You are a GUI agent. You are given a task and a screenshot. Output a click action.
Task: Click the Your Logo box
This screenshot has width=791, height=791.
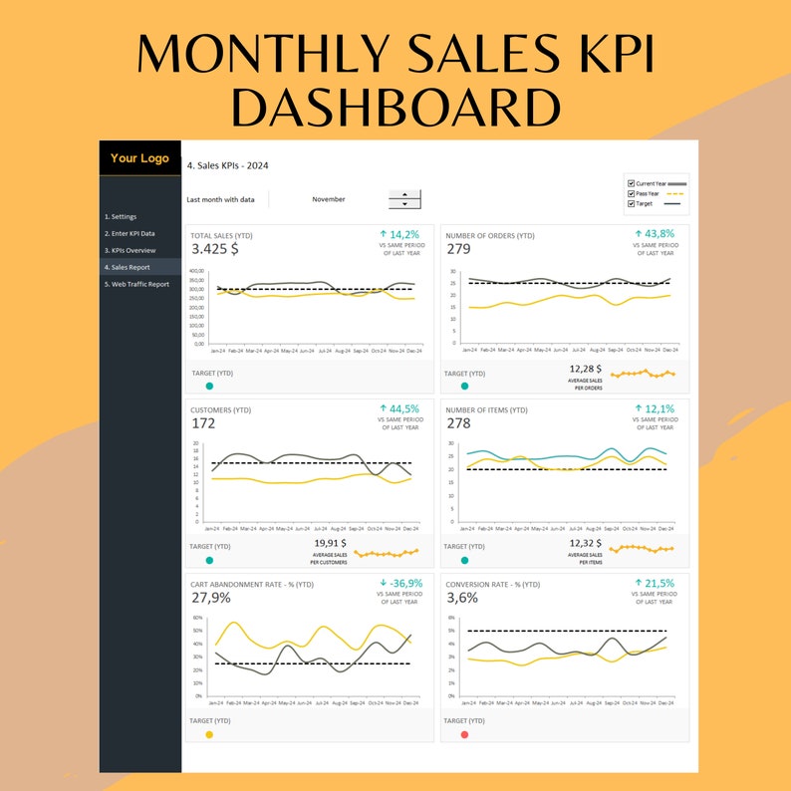[139, 158]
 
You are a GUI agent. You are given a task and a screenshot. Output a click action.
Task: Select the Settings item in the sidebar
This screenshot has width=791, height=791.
[121, 216]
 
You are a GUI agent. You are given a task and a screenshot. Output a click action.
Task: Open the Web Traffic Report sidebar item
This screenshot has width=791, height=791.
[137, 284]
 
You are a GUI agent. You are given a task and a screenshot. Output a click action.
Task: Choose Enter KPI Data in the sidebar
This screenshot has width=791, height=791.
[131, 233]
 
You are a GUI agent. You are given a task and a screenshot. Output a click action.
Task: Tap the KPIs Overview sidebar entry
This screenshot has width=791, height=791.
[131, 250]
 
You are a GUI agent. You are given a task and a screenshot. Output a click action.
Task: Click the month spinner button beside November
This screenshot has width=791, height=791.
[404, 199]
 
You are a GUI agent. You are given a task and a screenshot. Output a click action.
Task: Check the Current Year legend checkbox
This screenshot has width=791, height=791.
[631, 184]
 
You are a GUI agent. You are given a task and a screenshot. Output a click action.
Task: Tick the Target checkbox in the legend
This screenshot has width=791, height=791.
[631, 203]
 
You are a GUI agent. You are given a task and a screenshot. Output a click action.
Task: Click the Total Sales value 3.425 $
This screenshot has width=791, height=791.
[214, 249]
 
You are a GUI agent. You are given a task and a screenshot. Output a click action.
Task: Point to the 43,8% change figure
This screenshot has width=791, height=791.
[655, 233]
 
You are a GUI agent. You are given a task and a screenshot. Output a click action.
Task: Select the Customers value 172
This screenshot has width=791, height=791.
[203, 423]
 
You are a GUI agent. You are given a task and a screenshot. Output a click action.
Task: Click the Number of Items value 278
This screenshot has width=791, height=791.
[458, 423]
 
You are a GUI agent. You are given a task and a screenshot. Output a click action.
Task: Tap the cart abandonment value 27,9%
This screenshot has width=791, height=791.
[211, 598]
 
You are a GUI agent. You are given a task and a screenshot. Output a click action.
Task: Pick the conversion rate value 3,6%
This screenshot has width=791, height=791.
[461, 598]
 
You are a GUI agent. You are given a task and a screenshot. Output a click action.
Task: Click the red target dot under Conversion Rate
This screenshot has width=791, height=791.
[464, 734]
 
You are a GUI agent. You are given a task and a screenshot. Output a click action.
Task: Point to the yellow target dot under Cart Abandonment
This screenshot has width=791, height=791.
[209, 734]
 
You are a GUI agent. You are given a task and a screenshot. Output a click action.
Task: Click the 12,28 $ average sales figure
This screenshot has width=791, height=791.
[586, 370]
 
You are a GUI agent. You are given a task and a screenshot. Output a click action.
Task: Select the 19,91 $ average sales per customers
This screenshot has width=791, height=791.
[331, 544]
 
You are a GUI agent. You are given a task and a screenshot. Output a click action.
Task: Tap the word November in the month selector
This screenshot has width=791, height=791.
[329, 199]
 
